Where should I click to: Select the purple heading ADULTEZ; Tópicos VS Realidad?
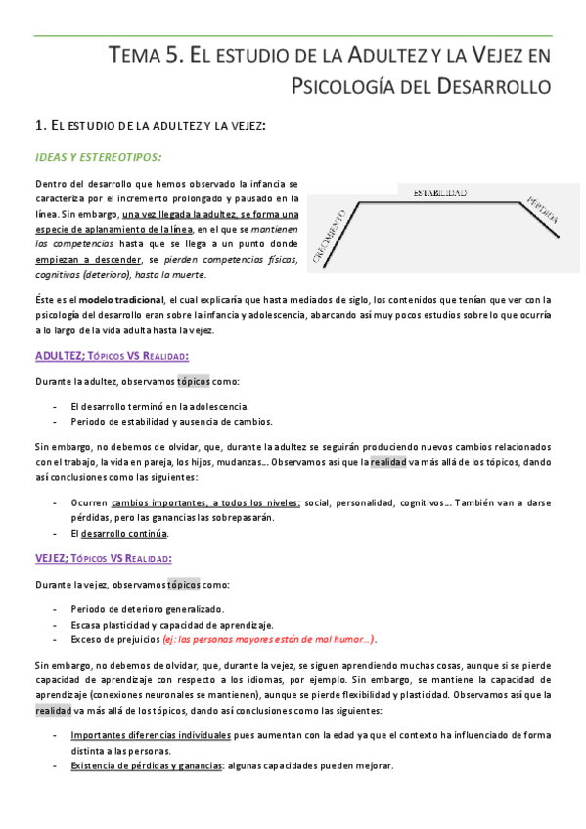tap(112, 355)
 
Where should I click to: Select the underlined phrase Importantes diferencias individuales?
tap(152, 733)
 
